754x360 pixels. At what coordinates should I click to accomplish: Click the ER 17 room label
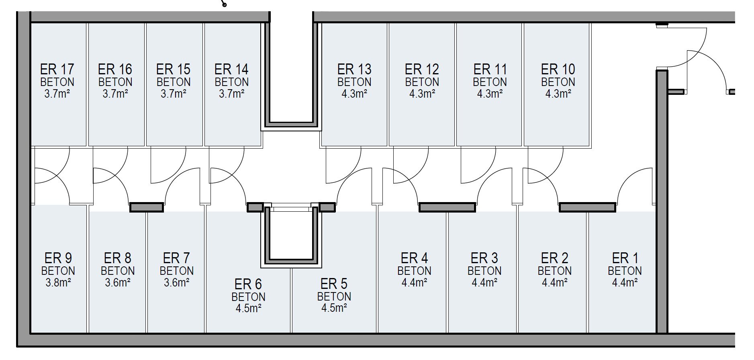click(57, 70)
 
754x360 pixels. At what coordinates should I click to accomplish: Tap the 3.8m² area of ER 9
click(58, 283)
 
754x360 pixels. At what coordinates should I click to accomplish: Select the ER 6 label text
click(248, 284)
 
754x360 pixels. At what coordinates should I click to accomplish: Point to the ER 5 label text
click(334, 284)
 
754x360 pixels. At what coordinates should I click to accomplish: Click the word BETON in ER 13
click(354, 82)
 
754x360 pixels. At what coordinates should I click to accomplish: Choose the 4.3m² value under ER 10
click(558, 94)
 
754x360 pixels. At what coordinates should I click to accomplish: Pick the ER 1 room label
click(625, 258)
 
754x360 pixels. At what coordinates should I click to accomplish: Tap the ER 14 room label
click(231, 70)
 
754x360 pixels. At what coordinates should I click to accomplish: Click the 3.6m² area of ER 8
click(118, 283)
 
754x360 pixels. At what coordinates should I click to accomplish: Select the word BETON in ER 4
click(414, 271)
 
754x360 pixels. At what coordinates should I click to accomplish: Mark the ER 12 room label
click(422, 70)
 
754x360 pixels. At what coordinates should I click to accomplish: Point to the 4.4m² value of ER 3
click(484, 283)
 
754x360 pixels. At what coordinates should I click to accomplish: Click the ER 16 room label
click(115, 70)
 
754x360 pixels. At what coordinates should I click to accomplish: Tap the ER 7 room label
click(176, 258)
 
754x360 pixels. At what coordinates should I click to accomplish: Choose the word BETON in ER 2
click(554, 271)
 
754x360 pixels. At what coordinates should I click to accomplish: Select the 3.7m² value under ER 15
click(174, 94)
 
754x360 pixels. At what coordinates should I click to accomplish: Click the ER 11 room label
click(490, 70)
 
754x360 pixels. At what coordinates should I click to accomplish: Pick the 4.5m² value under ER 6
click(248, 309)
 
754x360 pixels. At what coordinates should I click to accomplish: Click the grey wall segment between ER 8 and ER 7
click(147, 207)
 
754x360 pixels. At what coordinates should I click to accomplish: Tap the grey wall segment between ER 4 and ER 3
click(447, 207)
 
